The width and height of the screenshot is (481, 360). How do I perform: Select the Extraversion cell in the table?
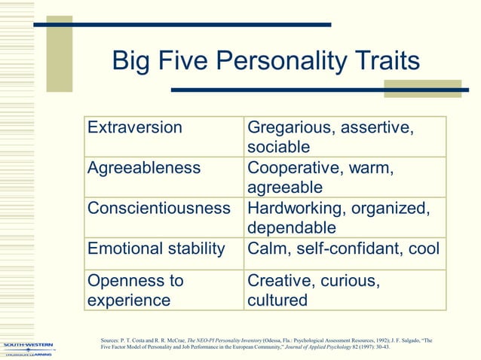click(x=135, y=127)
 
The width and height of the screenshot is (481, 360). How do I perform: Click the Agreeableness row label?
click(x=144, y=167)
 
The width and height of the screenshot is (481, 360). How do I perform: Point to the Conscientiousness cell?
click(x=158, y=208)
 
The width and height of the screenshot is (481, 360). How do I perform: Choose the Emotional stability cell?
click(x=156, y=249)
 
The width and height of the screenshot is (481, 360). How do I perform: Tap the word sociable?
click(x=279, y=148)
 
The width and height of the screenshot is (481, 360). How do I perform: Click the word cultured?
click(x=277, y=301)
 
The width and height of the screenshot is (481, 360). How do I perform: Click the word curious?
click(x=348, y=281)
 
